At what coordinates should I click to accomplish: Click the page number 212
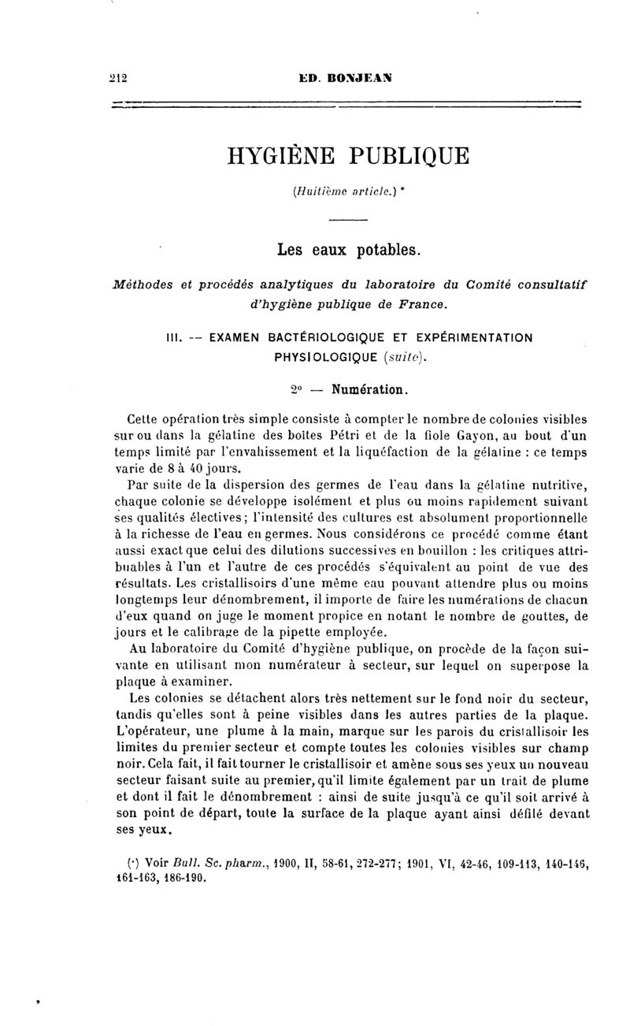[119, 78]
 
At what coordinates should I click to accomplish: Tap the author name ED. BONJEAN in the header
[346, 78]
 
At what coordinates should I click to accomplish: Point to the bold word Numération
[369, 389]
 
